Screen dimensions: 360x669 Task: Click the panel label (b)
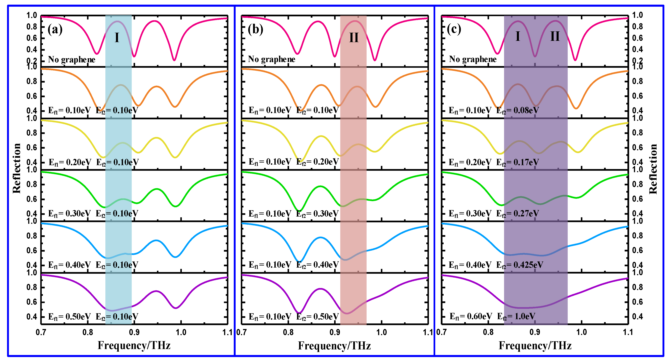[x=255, y=29]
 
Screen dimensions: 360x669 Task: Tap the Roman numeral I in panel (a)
[x=117, y=38]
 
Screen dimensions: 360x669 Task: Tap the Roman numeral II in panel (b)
[x=354, y=38]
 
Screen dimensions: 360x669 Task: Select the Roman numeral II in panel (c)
[x=555, y=36]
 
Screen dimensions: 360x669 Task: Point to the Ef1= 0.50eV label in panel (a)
[x=69, y=317]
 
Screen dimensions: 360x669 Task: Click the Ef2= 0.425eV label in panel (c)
[x=519, y=265]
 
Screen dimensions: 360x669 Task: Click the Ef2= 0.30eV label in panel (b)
[x=317, y=214]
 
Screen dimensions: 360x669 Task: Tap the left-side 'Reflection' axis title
[x=17, y=168]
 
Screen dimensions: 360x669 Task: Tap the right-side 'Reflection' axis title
[x=653, y=169]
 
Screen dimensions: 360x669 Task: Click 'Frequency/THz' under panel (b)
[x=334, y=346]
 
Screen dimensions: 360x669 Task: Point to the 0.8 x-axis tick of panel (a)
[x=88, y=332]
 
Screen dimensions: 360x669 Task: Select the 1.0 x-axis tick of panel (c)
[x=581, y=332]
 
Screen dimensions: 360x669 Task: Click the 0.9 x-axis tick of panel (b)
[x=335, y=332]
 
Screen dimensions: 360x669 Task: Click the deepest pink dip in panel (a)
[x=174, y=60]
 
